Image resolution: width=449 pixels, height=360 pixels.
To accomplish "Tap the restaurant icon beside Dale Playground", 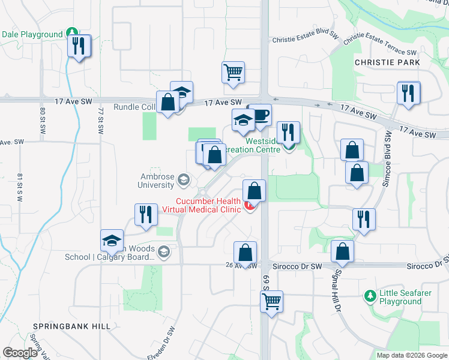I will tap(79, 46).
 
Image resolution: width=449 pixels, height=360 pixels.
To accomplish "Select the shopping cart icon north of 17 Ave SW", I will tap(233, 73).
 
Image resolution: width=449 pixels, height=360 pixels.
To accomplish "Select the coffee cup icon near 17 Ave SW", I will tap(260, 116).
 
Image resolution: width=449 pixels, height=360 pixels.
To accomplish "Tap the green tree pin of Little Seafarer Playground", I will tap(370, 296).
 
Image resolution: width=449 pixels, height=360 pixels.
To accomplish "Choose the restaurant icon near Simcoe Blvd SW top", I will tap(409, 94).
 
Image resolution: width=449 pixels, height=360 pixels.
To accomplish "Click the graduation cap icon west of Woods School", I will tap(112, 241).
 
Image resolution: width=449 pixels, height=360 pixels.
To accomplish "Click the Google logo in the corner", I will tap(20, 353).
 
